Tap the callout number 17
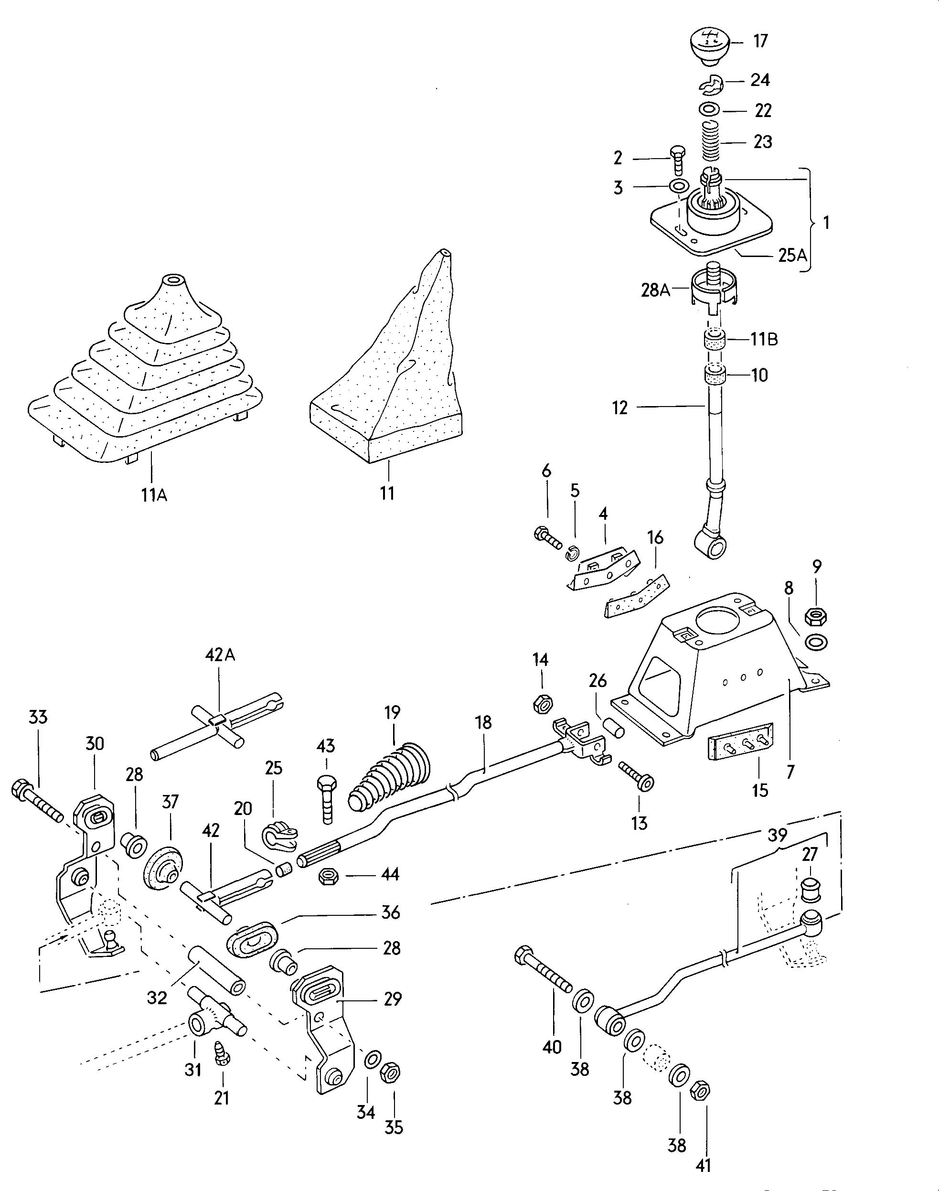point(760,41)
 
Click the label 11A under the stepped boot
point(154,495)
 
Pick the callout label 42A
point(220,655)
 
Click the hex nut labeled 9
point(816,616)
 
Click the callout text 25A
point(792,255)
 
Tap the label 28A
point(655,290)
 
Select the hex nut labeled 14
point(543,703)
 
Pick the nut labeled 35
point(391,1072)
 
